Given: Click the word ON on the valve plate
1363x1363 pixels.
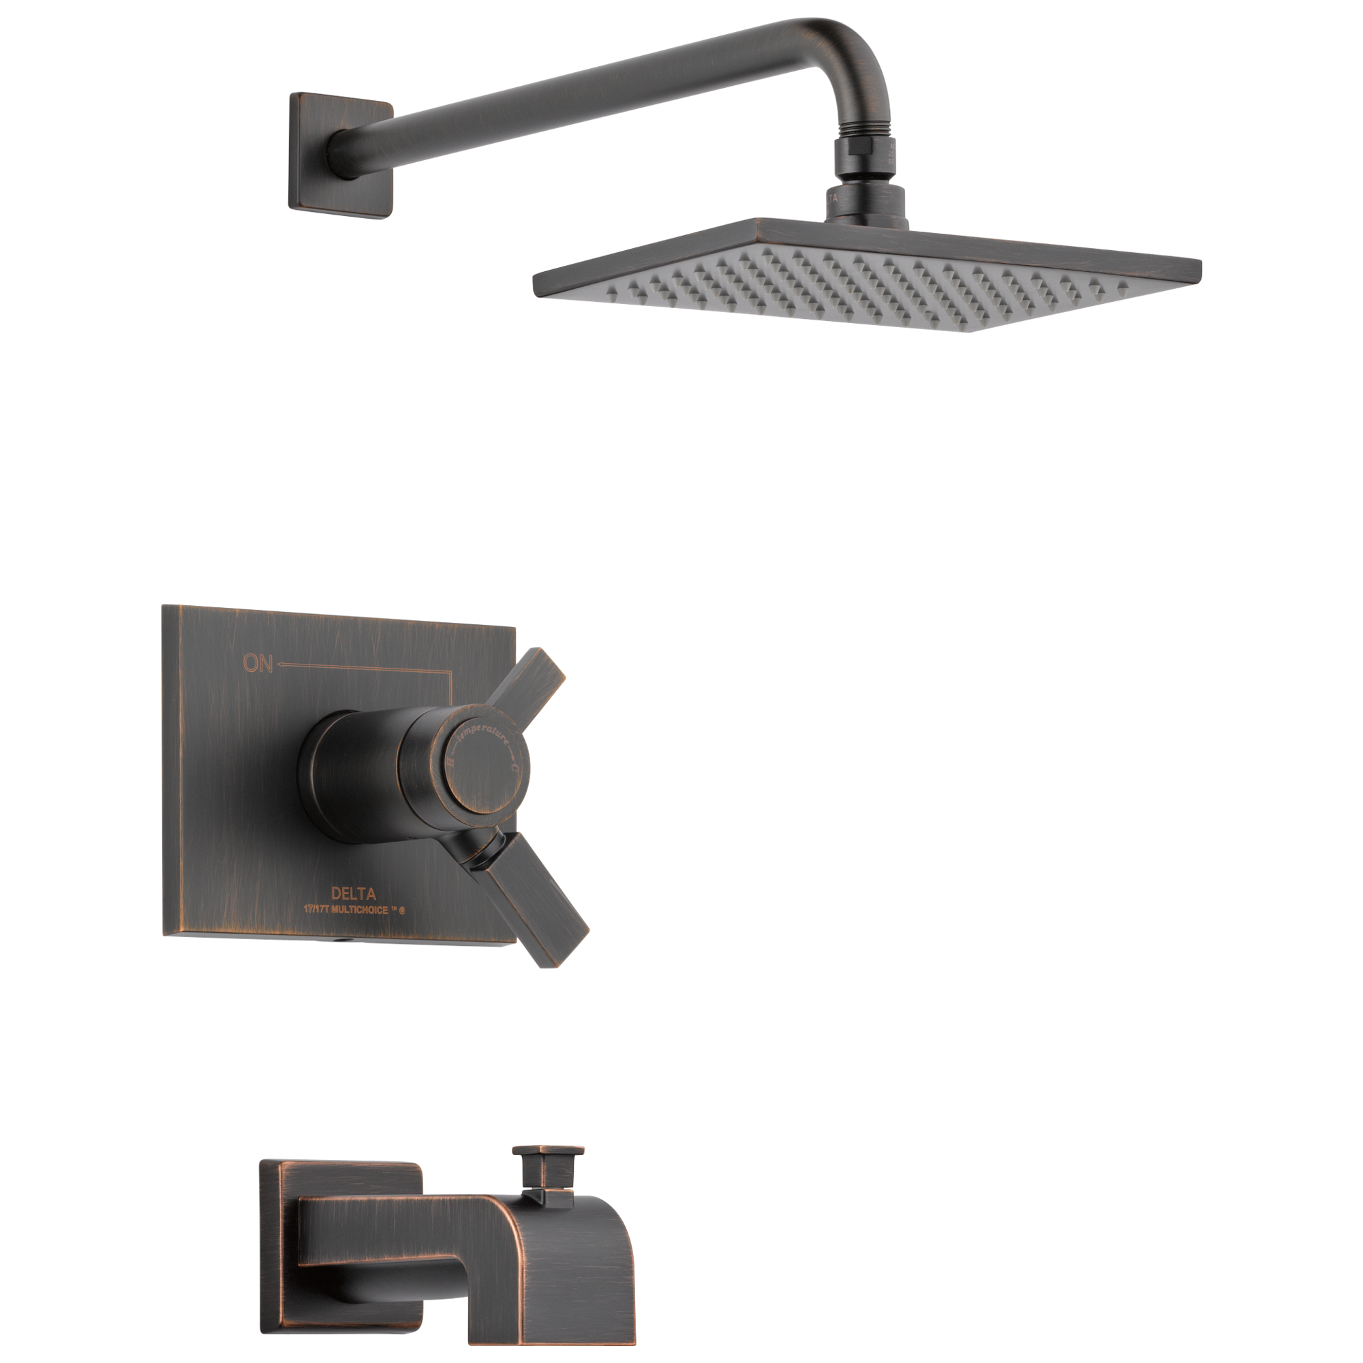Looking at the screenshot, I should click(x=258, y=663).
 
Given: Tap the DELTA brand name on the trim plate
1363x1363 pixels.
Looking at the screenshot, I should click(x=354, y=895).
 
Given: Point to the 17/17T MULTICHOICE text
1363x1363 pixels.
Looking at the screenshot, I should click(x=354, y=910).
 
